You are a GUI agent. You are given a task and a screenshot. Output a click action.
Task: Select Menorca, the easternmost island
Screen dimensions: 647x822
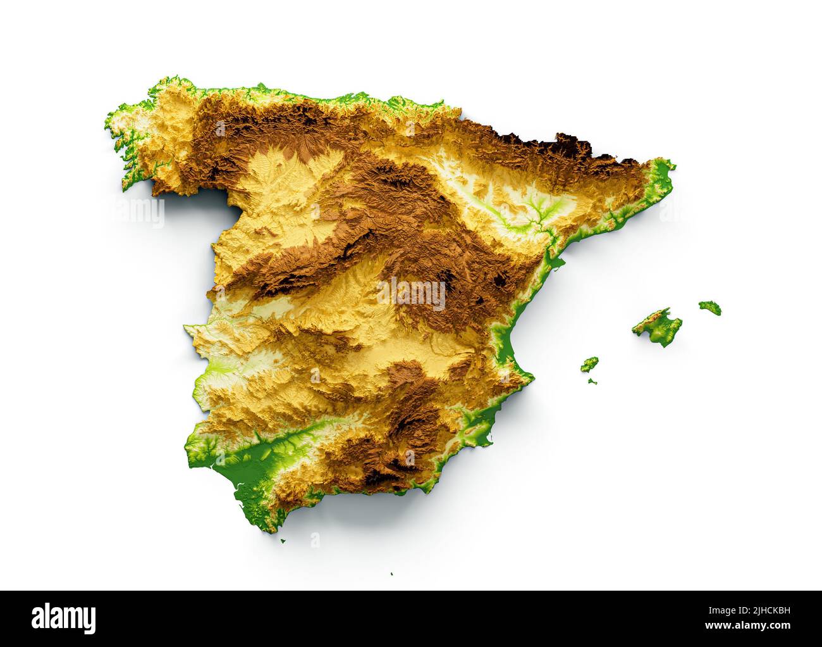710,308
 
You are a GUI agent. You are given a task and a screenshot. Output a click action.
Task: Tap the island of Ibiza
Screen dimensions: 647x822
589,364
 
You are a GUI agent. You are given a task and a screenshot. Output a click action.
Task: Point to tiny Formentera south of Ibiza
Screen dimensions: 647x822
592,381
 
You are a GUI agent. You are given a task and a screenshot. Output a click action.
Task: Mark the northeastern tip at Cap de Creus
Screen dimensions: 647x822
672,166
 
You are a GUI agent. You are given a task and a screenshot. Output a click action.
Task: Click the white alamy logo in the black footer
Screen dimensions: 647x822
64,618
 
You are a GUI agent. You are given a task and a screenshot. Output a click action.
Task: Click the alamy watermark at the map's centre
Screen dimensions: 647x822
411,294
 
